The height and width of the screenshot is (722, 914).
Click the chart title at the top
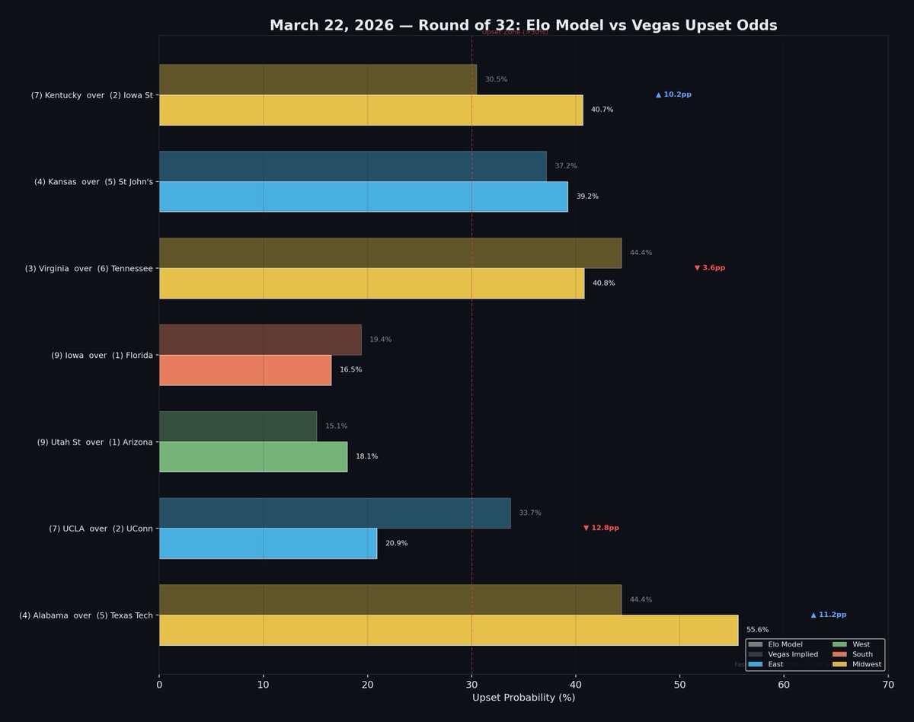coord(523,25)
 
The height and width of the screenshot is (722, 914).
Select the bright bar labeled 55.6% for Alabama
coord(448,630)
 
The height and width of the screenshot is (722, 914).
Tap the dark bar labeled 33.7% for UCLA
coord(334,513)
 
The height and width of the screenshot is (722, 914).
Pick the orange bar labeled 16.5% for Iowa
coord(245,370)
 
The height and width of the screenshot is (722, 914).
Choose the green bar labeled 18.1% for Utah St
coord(253,457)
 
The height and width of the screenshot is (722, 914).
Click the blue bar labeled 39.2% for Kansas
coord(363,196)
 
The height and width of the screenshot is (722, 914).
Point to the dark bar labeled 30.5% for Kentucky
coord(318,79)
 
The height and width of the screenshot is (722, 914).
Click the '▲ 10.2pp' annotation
coord(673,94)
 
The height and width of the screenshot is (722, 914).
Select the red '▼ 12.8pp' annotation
coord(601,528)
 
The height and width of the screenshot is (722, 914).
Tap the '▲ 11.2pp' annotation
coord(828,615)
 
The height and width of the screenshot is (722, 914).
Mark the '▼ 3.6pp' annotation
coord(709,268)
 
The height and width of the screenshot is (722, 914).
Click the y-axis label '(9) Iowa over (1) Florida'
coord(102,355)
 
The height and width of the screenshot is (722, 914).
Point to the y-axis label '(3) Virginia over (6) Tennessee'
coord(88,268)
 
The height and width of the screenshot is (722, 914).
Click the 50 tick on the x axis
coord(679,685)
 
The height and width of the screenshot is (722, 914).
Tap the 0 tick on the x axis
coord(159,685)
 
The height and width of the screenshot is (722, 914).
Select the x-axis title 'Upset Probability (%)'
coord(523,698)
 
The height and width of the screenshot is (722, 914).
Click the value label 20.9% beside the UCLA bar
coord(396,544)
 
